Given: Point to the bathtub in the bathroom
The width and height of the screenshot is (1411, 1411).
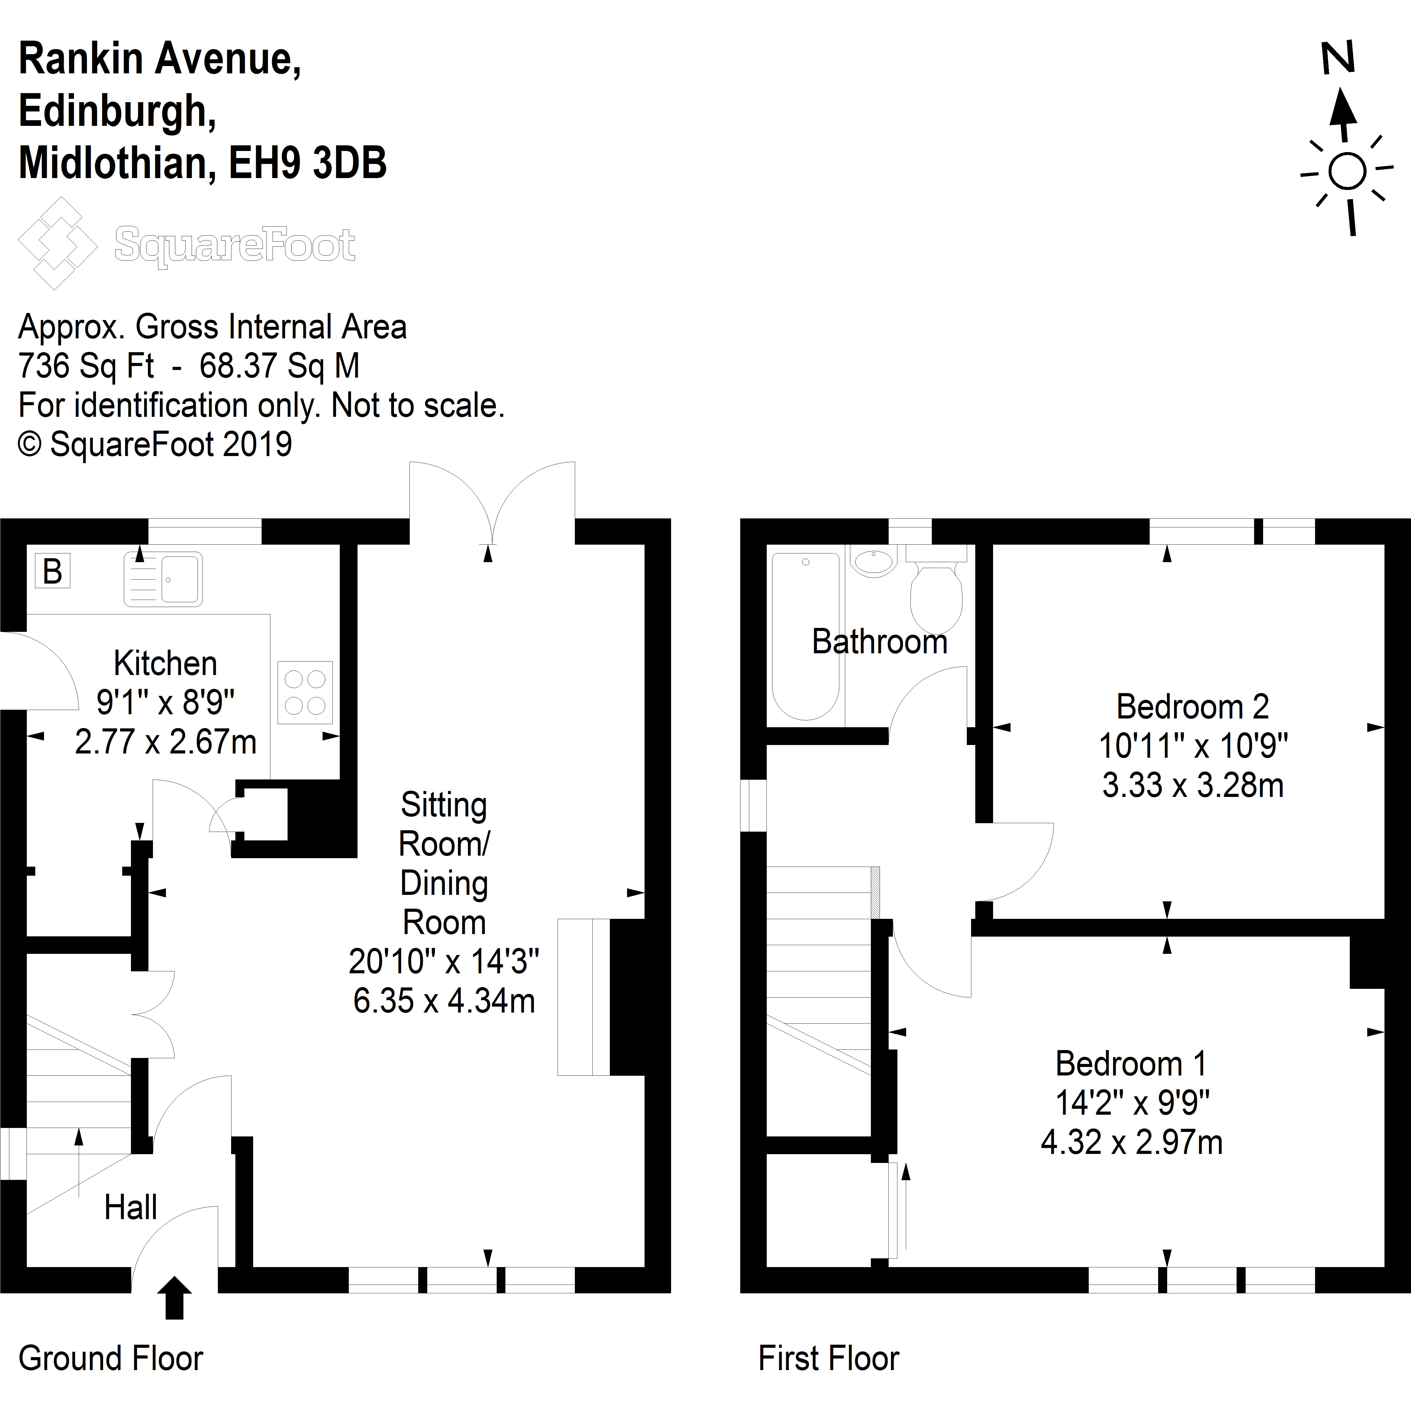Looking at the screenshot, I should click(x=806, y=636).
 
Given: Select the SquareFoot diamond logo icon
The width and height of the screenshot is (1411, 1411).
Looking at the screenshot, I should click(x=57, y=243).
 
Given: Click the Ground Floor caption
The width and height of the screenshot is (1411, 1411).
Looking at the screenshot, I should click(x=110, y=1359).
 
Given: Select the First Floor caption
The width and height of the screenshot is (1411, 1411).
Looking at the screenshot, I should click(x=828, y=1359).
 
